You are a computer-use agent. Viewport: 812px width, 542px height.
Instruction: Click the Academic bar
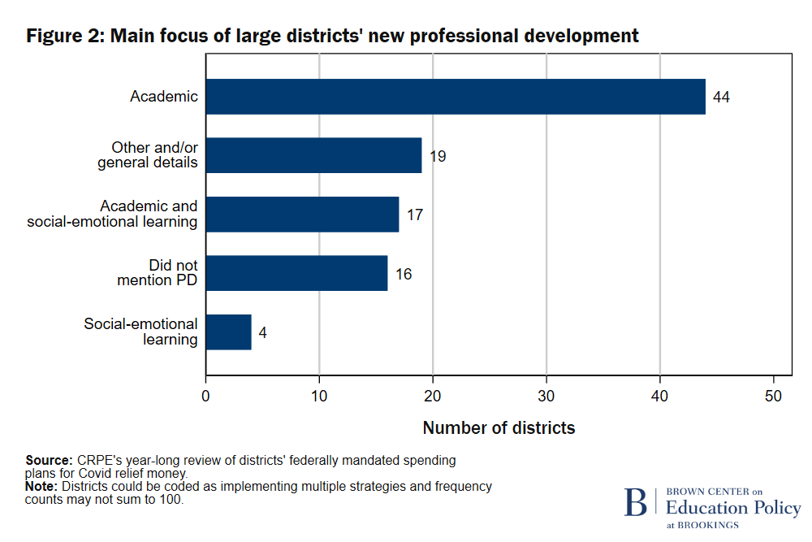pyautogui.click(x=455, y=97)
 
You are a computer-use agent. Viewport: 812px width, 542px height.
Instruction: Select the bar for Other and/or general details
pyautogui.click(x=313, y=155)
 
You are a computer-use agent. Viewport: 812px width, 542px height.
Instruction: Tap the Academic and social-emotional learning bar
pyautogui.click(x=302, y=215)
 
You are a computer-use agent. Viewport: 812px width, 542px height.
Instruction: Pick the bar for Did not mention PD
pyautogui.click(x=296, y=274)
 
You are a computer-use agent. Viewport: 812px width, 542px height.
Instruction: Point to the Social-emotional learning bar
pyautogui.click(x=228, y=332)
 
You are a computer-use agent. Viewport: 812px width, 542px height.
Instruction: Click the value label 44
pyautogui.click(x=721, y=98)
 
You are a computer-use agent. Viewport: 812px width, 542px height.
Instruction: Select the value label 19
pyautogui.click(x=438, y=156)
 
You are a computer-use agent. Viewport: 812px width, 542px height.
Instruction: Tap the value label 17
pyautogui.click(x=415, y=215)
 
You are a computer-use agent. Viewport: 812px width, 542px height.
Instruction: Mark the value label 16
pyautogui.click(x=404, y=275)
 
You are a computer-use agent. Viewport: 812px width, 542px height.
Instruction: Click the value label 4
pyautogui.click(x=263, y=333)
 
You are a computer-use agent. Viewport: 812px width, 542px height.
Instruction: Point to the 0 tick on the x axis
pyautogui.click(x=206, y=396)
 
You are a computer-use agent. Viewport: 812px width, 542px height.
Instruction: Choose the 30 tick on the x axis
pyautogui.click(x=546, y=396)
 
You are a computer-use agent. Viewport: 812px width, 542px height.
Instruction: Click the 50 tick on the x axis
pyautogui.click(x=773, y=396)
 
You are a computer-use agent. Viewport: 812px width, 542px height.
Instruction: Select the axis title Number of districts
pyautogui.click(x=499, y=428)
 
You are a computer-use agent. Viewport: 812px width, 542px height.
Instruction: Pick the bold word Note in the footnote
pyautogui.click(x=41, y=487)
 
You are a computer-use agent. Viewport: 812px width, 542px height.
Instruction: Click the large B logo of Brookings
pyautogui.click(x=635, y=502)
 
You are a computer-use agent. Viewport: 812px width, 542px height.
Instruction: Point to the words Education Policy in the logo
pyautogui.click(x=732, y=508)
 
